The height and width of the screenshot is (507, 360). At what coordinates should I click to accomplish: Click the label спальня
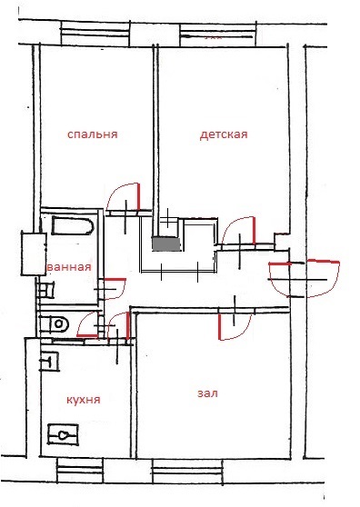pos(92,134)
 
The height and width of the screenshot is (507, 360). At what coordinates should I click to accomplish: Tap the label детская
pos(224,134)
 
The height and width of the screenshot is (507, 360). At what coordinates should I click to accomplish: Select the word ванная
pos(69,267)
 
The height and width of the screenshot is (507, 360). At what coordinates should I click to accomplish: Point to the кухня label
pos(84,400)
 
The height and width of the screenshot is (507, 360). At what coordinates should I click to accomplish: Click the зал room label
pos(207,393)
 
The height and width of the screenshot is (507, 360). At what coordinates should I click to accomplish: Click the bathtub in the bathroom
pos(73,226)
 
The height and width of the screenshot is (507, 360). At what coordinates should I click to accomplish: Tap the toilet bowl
pos(58,324)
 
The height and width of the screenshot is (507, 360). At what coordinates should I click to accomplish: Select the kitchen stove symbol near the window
pos(63,435)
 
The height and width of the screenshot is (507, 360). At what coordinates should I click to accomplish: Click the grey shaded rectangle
pos(166,244)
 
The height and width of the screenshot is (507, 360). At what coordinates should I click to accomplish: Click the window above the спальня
pos(95,34)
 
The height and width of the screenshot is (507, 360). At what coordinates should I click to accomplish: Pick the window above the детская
pos(217,35)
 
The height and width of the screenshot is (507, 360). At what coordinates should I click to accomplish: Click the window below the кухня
pos(80,470)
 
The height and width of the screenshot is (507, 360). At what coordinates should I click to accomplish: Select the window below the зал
pos(187,472)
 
